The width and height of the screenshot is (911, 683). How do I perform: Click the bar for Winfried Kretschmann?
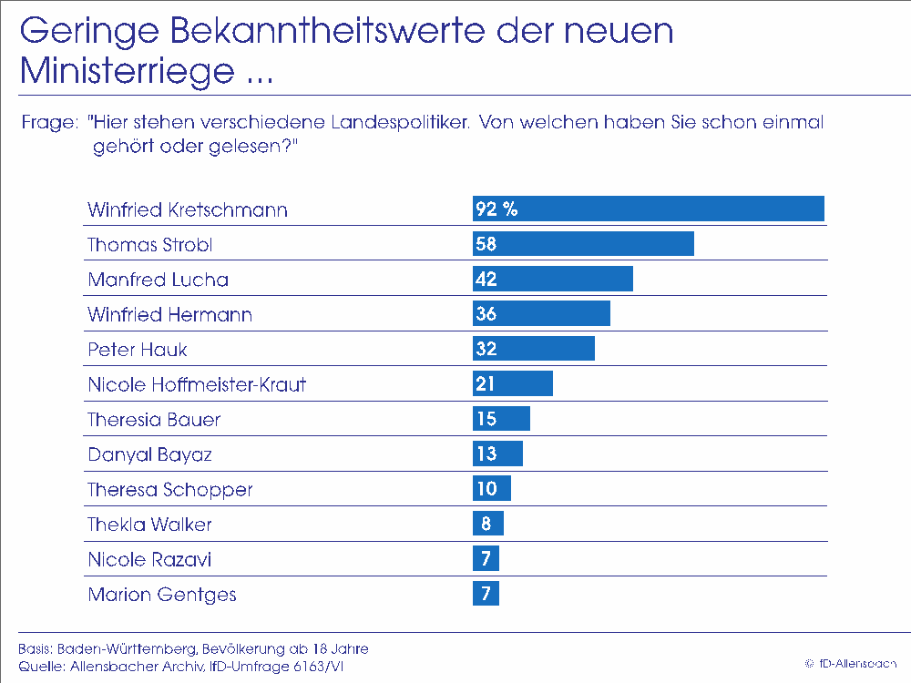(x=648, y=209)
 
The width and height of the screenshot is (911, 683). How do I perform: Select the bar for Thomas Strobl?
(x=583, y=244)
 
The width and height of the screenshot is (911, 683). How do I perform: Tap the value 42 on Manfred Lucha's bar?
(x=486, y=280)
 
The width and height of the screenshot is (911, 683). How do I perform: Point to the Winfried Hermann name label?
(x=169, y=315)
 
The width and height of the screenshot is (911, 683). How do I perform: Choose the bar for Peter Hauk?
(x=533, y=349)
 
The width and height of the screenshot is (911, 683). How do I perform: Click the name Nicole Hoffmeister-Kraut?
(x=197, y=384)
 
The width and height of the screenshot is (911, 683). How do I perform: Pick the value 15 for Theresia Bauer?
(x=486, y=419)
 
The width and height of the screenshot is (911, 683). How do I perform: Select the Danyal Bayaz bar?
(x=497, y=454)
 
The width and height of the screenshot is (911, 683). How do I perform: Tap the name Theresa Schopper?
(x=169, y=489)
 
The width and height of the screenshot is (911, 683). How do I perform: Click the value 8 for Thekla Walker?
(x=486, y=524)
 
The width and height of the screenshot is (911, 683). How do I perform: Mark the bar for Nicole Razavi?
(x=486, y=558)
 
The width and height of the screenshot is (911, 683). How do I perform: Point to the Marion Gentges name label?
(x=161, y=595)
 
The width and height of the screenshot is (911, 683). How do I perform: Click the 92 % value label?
(x=496, y=209)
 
